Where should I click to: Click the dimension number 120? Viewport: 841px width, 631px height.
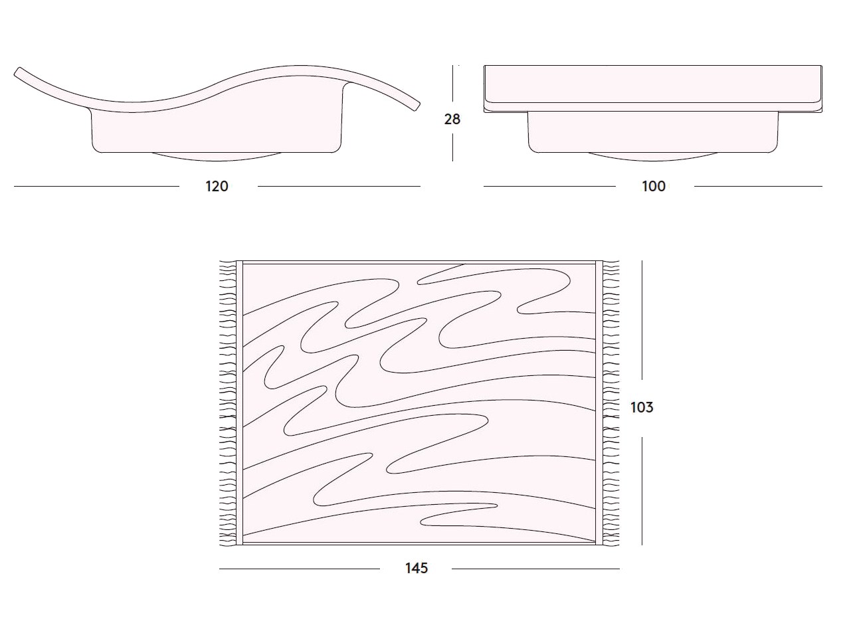217,186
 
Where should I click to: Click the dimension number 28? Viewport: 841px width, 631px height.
452,120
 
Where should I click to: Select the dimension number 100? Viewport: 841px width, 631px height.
654,186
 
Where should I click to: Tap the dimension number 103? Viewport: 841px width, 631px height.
642,407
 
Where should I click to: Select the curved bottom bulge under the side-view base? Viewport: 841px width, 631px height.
217,157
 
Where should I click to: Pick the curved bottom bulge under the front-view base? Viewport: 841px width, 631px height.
654,157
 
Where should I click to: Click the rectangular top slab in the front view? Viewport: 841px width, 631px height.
653,88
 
